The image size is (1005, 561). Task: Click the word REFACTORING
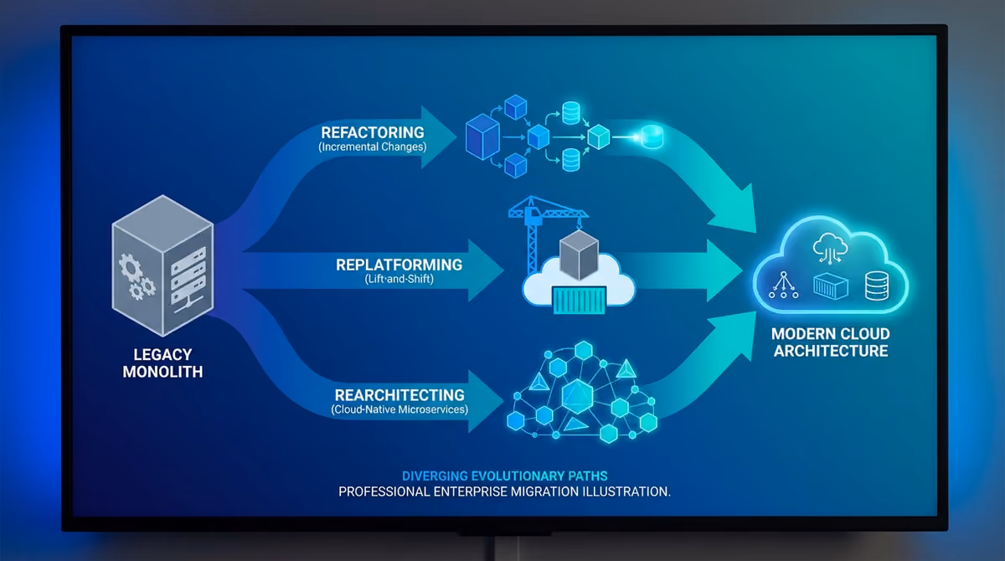tap(373, 132)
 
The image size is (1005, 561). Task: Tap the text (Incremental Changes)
tap(373, 147)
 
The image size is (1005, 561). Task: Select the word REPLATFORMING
tap(399, 265)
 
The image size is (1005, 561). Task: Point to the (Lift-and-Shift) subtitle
tap(399, 279)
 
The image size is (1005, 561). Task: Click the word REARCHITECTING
tap(399, 395)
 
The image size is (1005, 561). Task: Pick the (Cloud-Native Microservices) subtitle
tap(399, 409)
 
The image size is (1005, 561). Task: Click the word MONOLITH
tap(162, 372)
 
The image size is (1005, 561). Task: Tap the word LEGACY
tap(162, 355)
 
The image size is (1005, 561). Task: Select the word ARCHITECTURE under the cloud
tap(831, 351)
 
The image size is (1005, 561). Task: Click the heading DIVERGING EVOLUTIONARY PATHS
tap(505, 476)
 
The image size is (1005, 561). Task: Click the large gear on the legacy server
tap(129, 267)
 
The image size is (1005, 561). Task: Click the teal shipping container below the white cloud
tap(580, 300)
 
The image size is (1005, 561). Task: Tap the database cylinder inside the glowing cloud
tap(877, 286)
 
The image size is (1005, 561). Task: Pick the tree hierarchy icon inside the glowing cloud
tap(783, 285)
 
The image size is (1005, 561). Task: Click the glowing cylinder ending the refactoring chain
tap(652, 136)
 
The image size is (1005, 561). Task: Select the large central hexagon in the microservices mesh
tap(577, 396)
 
